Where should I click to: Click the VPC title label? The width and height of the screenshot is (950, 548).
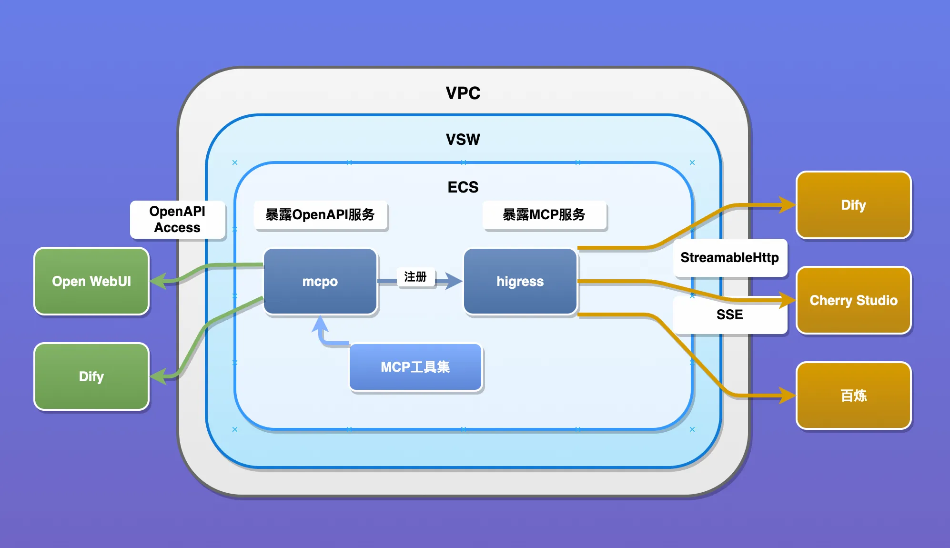click(463, 93)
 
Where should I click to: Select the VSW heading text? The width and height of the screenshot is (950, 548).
click(463, 140)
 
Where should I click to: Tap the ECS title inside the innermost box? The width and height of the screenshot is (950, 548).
click(463, 187)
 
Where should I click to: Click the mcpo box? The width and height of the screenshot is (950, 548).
click(320, 281)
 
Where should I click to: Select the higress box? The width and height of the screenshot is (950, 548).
click(520, 281)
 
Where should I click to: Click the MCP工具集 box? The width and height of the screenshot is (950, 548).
click(415, 367)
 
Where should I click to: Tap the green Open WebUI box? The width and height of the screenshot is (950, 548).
click(91, 281)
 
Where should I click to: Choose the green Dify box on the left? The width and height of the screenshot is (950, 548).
click(91, 376)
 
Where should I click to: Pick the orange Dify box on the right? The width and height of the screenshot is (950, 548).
click(853, 205)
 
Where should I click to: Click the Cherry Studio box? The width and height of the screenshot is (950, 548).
click(853, 300)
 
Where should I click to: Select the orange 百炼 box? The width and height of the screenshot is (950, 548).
click(853, 396)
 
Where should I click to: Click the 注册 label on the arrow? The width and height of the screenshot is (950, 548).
click(415, 277)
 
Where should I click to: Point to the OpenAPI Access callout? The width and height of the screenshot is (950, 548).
click(177, 219)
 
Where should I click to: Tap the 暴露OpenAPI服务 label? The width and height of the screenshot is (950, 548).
click(320, 215)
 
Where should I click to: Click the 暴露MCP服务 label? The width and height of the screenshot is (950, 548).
click(544, 215)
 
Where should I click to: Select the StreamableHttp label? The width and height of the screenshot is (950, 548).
click(729, 258)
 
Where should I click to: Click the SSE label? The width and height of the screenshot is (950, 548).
click(729, 315)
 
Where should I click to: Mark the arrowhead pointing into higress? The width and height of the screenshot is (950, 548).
click(455, 281)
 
